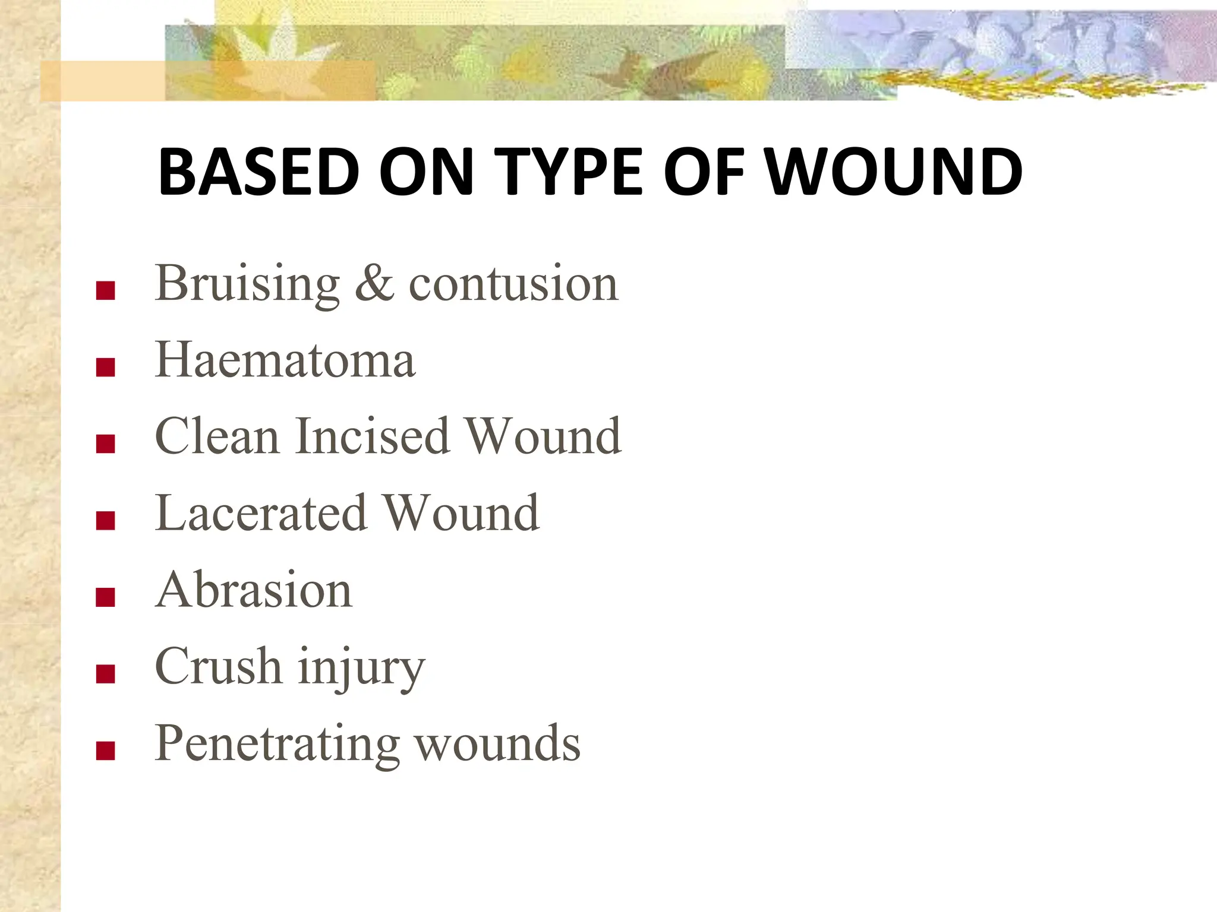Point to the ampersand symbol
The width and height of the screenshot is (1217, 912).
[x=374, y=284]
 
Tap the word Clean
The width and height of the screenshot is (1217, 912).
[x=217, y=437]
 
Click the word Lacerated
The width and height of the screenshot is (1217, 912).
[x=261, y=514]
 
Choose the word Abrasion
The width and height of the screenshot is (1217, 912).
[x=254, y=590]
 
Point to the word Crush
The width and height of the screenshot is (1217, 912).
[x=218, y=667]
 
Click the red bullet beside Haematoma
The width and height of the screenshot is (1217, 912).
[x=105, y=368]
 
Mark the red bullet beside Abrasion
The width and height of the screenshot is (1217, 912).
[x=105, y=597]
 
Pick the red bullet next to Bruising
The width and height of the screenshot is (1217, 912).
[x=105, y=291]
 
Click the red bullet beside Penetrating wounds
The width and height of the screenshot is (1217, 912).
[x=105, y=750]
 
